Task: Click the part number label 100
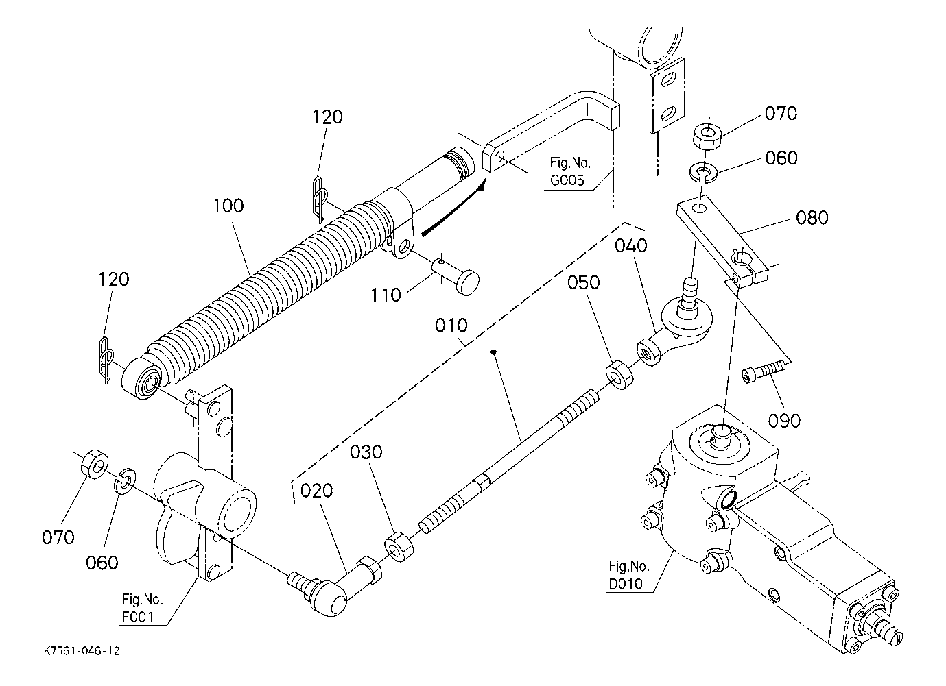click(228, 206)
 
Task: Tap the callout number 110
click(385, 295)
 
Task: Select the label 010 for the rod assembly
click(451, 326)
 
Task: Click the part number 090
click(784, 421)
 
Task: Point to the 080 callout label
click(812, 218)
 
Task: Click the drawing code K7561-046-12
click(82, 651)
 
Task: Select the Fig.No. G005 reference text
click(569, 171)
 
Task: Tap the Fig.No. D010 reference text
click(628, 574)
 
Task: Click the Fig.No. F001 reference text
click(142, 608)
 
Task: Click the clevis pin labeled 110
click(456, 277)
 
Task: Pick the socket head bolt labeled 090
click(766, 371)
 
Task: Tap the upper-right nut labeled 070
click(706, 136)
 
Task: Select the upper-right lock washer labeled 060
click(702, 173)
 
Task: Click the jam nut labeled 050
click(620, 375)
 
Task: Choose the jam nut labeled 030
click(399, 547)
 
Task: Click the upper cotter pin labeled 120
click(320, 199)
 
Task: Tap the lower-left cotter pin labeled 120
click(106, 360)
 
